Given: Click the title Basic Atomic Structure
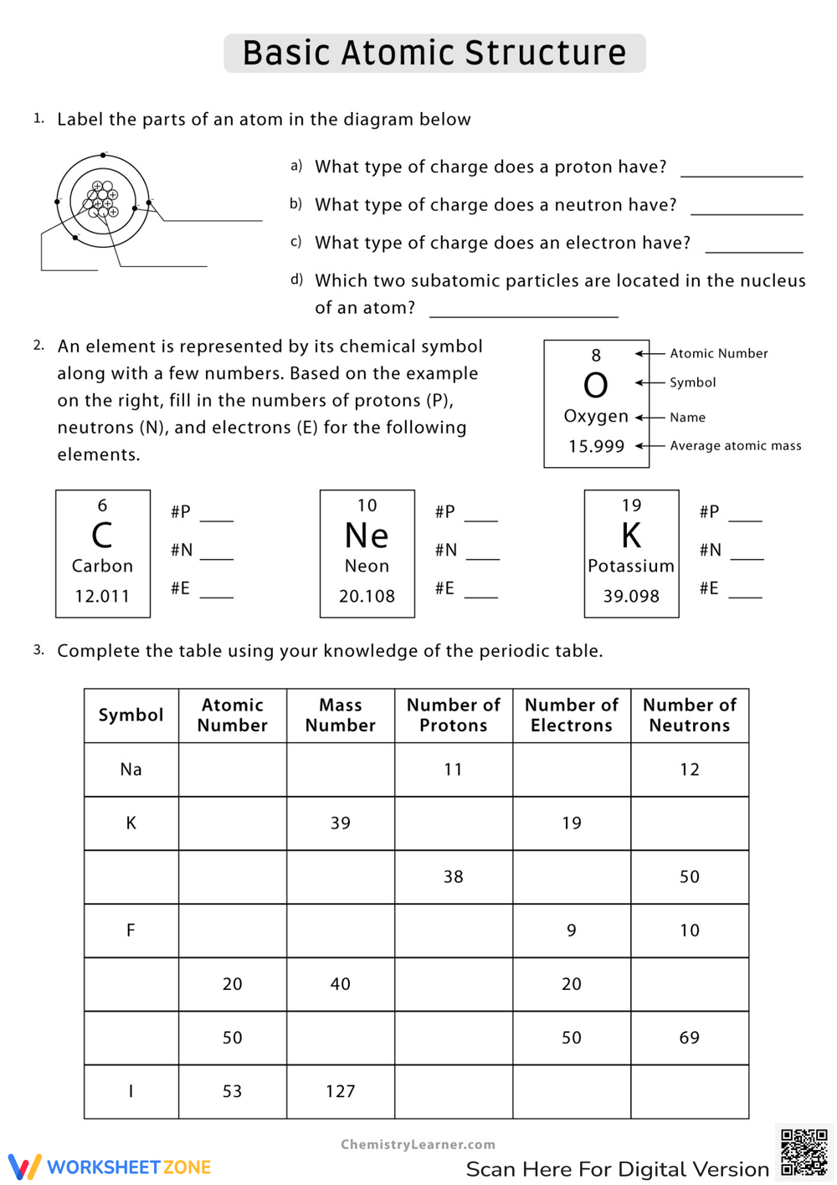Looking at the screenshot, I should click(x=434, y=53).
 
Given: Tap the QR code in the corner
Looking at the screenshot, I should click(x=804, y=1152).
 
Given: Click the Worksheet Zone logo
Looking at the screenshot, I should click(x=110, y=1167).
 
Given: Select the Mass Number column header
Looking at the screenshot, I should click(x=340, y=716).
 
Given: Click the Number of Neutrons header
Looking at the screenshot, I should click(x=689, y=716).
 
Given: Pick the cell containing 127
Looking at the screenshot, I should click(x=340, y=1091).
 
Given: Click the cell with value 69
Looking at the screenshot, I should click(x=689, y=1038).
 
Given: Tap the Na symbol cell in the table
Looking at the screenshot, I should click(x=131, y=770).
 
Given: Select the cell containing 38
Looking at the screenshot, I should click(x=453, y=877).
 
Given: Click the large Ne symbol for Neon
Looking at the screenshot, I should click(x=367, y=536).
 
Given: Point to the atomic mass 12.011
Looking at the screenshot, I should click(x=102, y=597).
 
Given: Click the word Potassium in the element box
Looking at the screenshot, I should click(x=631, y=567).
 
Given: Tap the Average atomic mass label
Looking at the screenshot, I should click(x=735, y=446).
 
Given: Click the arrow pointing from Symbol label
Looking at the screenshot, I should click(x=650, y=382).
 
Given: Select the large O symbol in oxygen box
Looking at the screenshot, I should click(x=595, y=386).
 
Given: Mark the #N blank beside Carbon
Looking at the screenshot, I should click(x=216, y=552).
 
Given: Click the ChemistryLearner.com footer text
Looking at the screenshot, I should click(x=418, y=1145).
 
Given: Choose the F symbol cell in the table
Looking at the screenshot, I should click(x=131, y=931).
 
